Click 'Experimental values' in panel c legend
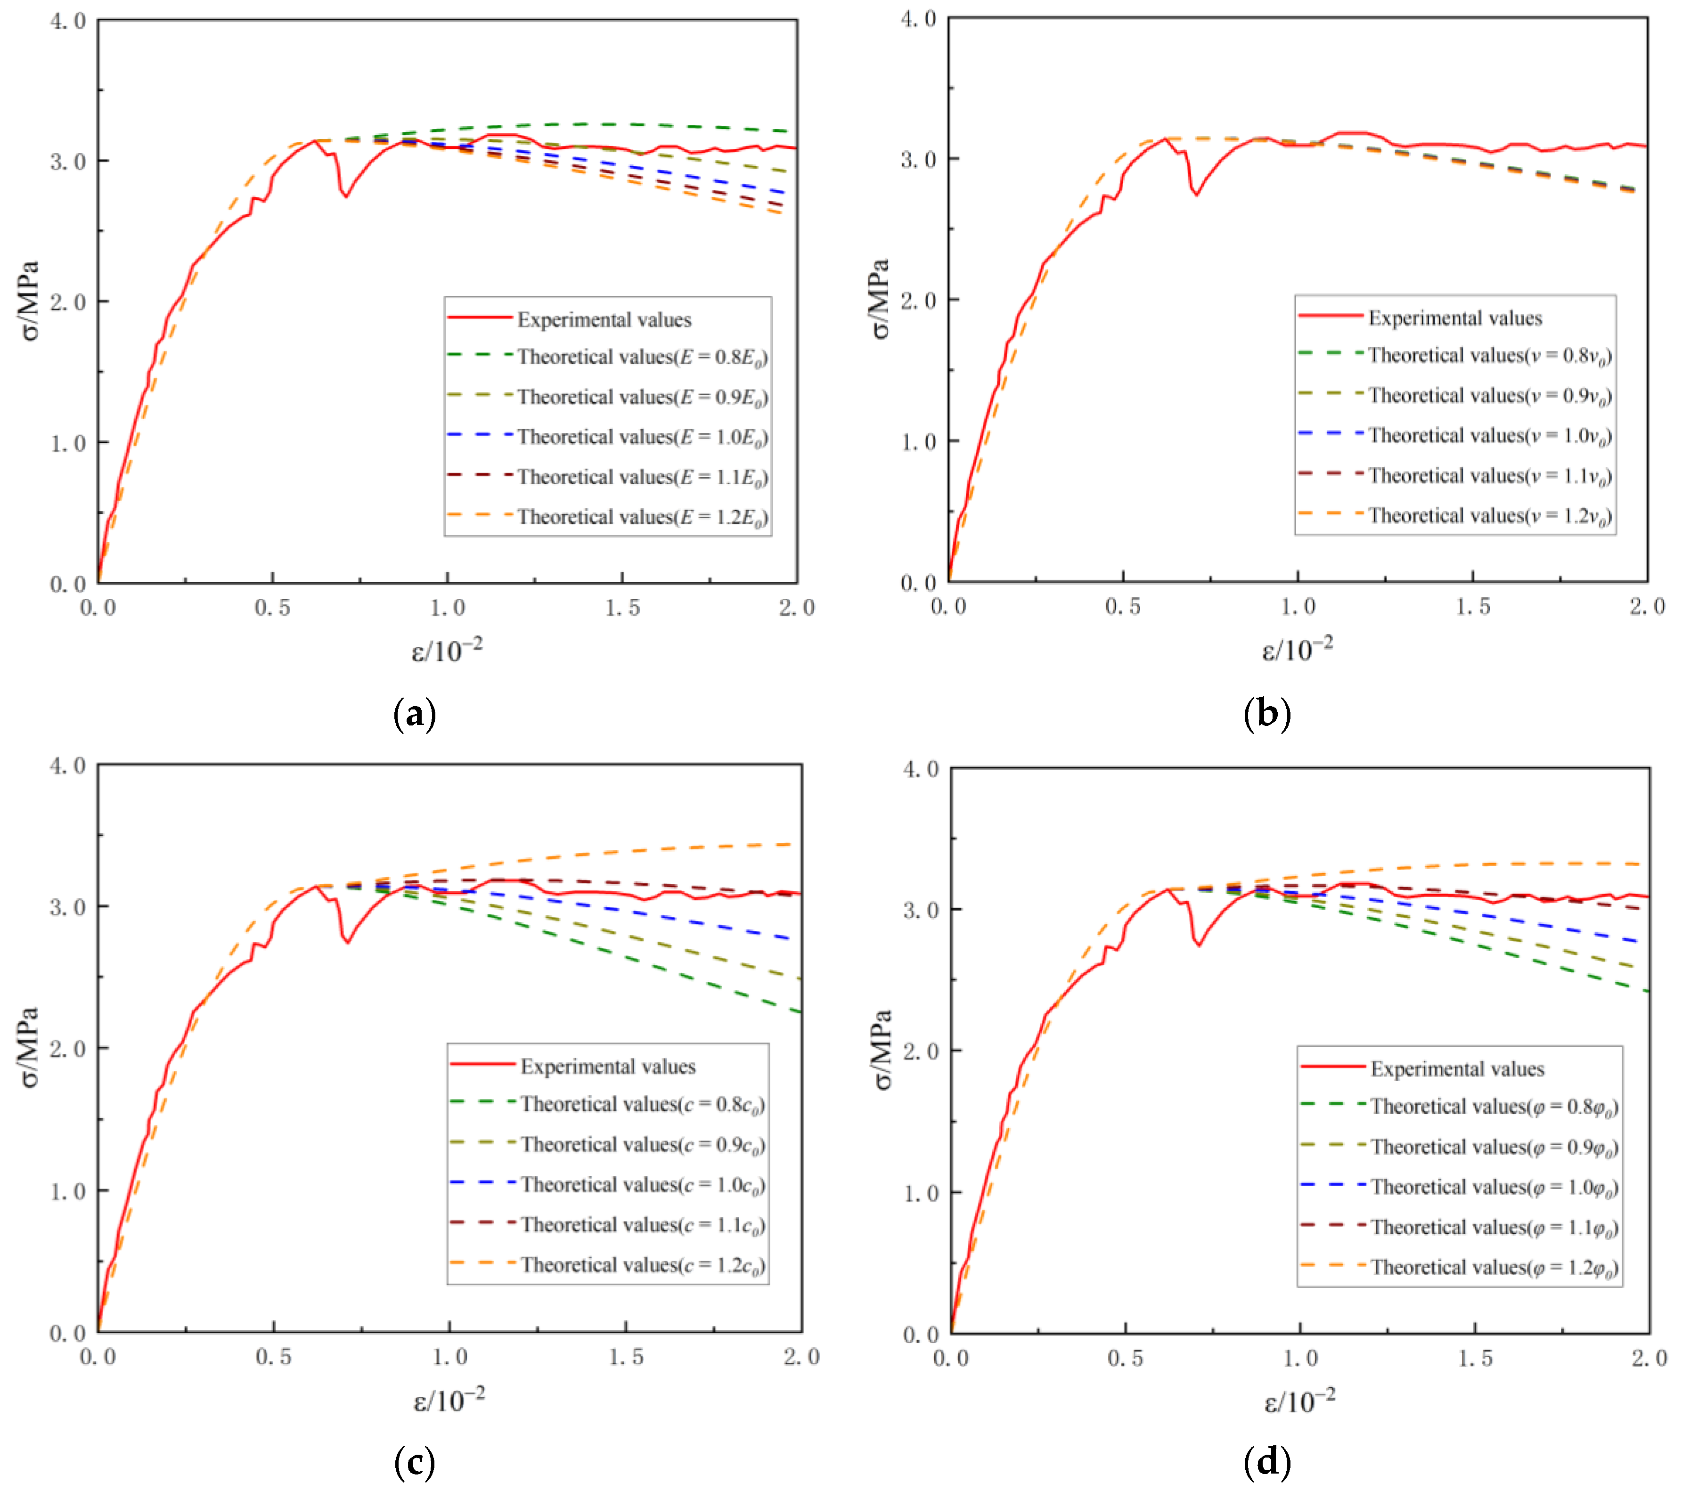(608, 1067)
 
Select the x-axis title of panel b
(1298, 649)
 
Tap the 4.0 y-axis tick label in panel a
(68, 21)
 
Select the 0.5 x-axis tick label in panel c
(273, 1357)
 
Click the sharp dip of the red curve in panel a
(347, 196)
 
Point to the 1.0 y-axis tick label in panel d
(921, 1193)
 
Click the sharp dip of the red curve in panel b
(1197, 195)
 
